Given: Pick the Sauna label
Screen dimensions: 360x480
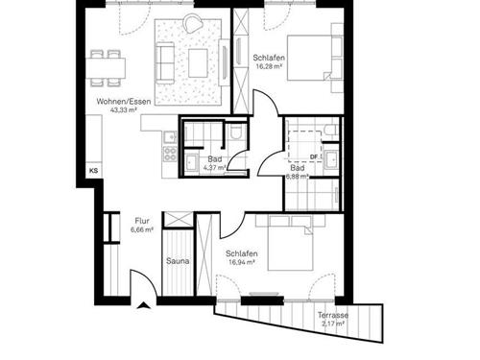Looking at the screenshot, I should (177, 261).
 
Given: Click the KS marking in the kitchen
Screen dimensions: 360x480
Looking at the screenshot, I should (93, 171).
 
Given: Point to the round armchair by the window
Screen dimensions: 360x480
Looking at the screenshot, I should (195, 24).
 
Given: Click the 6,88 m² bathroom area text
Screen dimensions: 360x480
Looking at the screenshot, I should (299, 177).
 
